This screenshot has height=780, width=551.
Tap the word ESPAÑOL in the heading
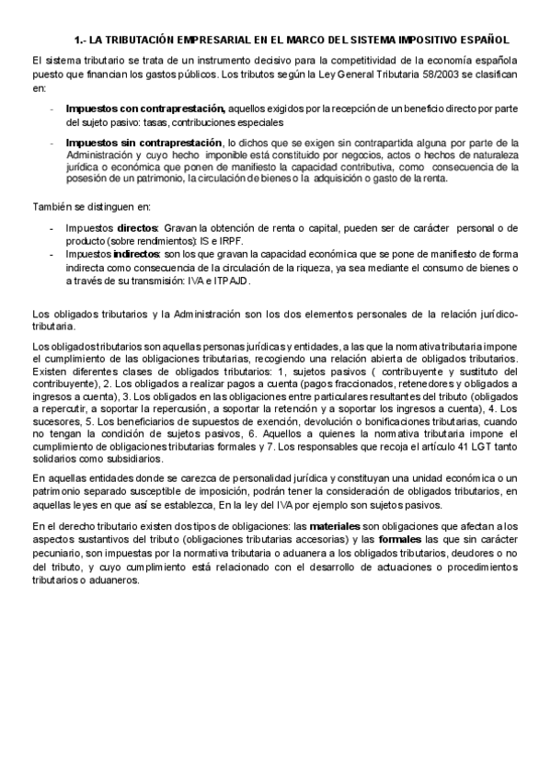point(481,41)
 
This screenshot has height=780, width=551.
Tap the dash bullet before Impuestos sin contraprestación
point(52,143)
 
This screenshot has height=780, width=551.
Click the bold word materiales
point(339,525)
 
